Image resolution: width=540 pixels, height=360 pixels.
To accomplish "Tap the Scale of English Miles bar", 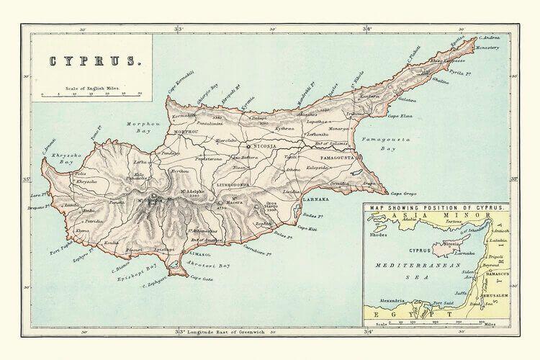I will [x=91, y=94].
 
